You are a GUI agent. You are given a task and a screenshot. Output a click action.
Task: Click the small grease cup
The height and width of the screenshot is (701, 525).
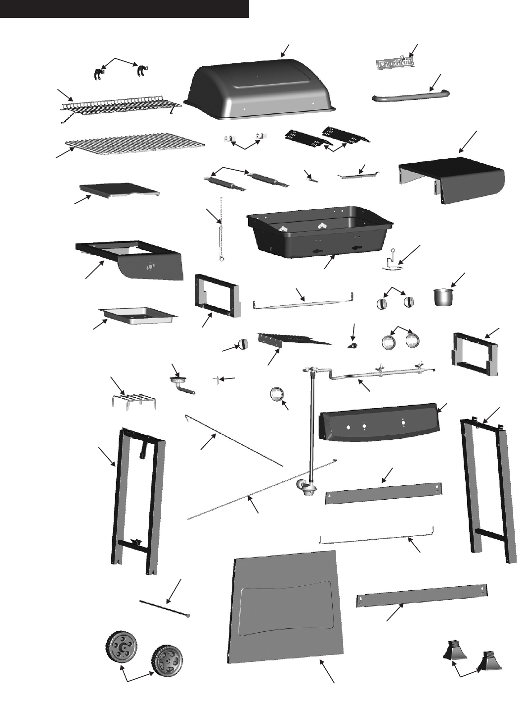443,297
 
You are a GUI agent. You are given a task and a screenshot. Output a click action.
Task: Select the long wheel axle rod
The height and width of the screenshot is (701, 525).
164,608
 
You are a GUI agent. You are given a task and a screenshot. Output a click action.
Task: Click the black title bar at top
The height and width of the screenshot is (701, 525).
124,8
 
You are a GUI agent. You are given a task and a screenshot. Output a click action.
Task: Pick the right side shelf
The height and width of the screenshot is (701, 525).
452,179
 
